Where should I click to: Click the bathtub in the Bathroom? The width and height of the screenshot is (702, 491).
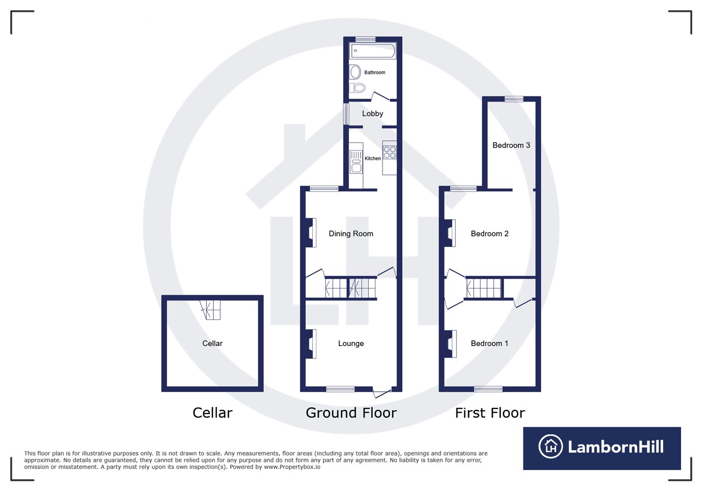[372, 51]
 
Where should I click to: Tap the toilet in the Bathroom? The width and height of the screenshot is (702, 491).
[358, 87]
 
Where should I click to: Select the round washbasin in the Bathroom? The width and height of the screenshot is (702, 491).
[355, 72]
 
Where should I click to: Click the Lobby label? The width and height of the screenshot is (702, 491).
[372, 114]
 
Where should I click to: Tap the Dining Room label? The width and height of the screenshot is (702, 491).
[351, 234]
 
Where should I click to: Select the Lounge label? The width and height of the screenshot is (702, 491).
[351, 344]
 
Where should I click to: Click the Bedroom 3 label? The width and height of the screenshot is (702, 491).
[511, 145]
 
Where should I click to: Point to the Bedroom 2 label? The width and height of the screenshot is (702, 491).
[489, 234]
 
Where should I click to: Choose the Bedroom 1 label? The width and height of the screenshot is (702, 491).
[489, 344]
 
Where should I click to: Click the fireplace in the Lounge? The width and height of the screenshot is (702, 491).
[311, 344]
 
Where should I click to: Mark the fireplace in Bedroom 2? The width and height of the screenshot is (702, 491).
[450, 233]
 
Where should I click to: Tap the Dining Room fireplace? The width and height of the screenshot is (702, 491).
[311, 233]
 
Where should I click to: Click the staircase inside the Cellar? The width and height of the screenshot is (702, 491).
[211, 310]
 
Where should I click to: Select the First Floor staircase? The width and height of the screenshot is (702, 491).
[484, 288]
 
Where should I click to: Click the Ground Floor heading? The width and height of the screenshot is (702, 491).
[351, 413]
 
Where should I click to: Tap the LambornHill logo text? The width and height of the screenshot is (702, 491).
[615, 447]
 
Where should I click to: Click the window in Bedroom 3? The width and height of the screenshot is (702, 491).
[514, 99]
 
